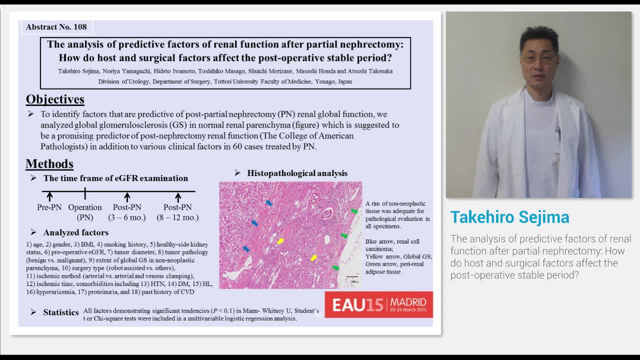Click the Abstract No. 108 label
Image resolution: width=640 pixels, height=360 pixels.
point(56,27)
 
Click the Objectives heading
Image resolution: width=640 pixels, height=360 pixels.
point(55,99)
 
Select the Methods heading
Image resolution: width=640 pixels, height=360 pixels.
point(49,163)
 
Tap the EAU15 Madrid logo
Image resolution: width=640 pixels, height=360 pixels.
point(378,304)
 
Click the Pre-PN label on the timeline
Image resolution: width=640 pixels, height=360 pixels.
point(49,207)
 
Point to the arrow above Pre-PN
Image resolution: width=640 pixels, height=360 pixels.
point(49,197)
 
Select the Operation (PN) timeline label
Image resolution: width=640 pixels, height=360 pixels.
point(85,212)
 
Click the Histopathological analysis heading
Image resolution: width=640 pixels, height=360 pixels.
point(297,173)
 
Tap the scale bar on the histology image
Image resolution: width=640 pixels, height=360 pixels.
point(352,277)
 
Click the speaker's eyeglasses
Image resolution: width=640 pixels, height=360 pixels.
point(538,58)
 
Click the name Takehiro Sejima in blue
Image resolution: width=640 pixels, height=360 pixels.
point(509,217)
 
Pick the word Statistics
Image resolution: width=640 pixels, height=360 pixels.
point(61,312)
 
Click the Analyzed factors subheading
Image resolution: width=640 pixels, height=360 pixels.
point(75,232)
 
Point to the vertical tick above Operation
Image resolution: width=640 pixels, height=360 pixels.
point(85,193)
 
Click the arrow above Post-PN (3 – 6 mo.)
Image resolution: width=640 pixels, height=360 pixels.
point(127,197)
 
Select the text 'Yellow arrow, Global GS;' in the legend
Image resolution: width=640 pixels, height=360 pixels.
point(398,256)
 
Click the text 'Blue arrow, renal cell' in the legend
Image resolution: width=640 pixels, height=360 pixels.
point(392,241)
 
